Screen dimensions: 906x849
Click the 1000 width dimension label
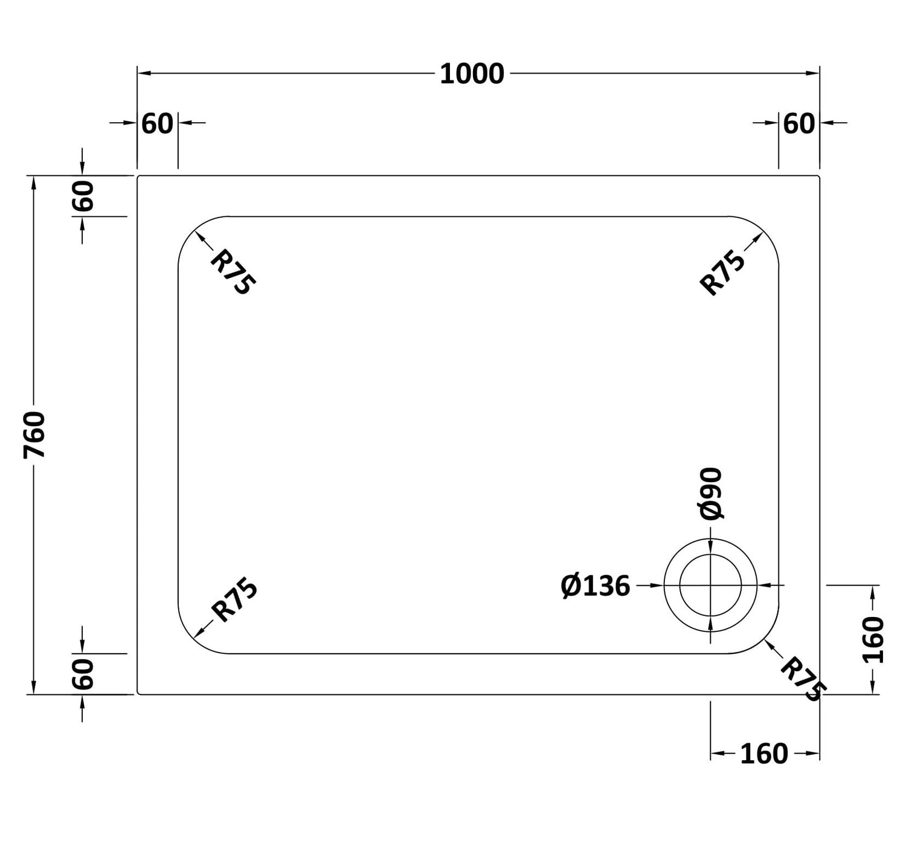tap(472, 74)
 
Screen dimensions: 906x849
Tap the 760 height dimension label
tap(34, 435)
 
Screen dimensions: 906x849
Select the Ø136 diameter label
tap(595, 586)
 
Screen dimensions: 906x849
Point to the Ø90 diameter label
tap(711, 494)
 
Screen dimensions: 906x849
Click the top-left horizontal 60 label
tap(158, 124)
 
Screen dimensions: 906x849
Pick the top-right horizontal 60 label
tap(799, 124)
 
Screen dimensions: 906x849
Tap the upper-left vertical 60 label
tap(83, 196)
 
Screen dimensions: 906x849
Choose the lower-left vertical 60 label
tap(83, 674)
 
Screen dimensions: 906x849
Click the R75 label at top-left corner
tap(233, 271)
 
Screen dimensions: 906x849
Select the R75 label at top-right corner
tap(722, 272)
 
